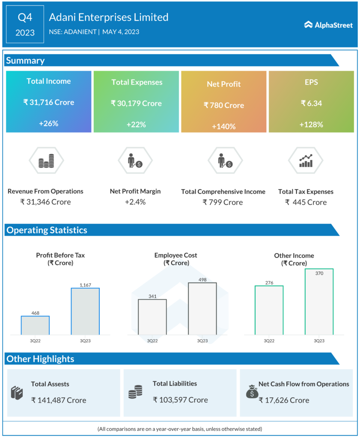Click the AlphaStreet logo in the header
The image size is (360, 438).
pyautogui.click(x=328, y=25)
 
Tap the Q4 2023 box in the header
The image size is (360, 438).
pyautogui.click(x=25, y=24)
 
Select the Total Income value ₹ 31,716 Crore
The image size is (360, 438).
pyautogui.click(x=48, y=102)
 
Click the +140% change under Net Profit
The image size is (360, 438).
pyautogui.click(x=223, y=127)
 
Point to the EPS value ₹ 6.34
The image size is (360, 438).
pyautogui.click(x=311, y=103)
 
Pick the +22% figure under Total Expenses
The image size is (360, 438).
pyautogui.click(x=136, y=124)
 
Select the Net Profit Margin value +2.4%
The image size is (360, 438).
pyautogui.click(x=135, y=202)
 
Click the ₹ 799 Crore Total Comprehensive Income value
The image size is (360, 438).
pyautogui.click(x=223, y=202)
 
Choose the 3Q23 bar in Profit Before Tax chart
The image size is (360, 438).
pyautogui.click(x=85, y=311)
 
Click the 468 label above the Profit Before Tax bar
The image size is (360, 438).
pyautogui.click(x=35, y=313)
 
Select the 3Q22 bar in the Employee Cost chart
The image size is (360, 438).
pyautogui.click(x=152, y=317)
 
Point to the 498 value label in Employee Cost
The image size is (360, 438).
pyautogui.click(x=202, y=280)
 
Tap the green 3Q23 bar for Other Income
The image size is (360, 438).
pyautogui.click(x=319, y=302)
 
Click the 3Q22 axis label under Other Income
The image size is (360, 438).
pyautogui.click(x=269, y=341)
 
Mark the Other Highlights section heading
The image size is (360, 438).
pyautogui.click(x=40, y=359)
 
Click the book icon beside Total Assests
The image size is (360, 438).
pyautogui.click(x=17, y=392)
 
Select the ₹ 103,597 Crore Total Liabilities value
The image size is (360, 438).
pyautogui.click(x=180, y=400)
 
